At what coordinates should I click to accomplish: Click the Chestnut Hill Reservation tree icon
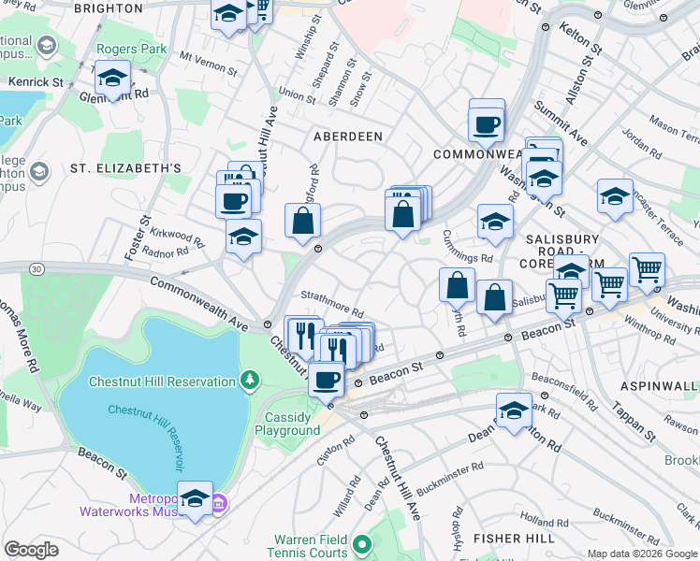click(x=249, y=380)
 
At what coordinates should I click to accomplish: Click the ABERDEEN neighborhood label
click(x=347, y=137)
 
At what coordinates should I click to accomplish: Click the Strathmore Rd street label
click(x=332, y=308)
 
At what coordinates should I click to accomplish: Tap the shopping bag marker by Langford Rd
click(x=303, y=222)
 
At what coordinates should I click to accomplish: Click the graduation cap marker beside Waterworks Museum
click(x=195, y=498)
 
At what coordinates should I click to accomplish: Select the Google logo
click(x=32, y=549)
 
